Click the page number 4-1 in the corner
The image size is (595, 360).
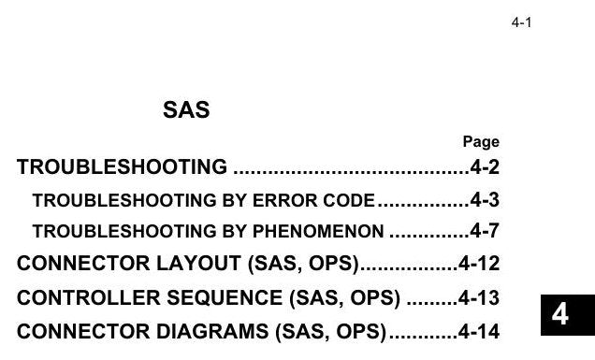point(521,22)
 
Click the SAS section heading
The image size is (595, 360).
point(186,109)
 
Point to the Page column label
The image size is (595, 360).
point(481,141)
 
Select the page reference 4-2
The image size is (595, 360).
point(485,167)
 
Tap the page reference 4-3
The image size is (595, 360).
point(485,200)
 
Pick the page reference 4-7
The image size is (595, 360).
point(485,231)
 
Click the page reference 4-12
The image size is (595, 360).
point(479,264)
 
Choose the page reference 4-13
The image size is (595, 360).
point(479,297)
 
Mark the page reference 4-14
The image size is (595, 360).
point(479,331)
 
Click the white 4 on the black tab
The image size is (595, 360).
point(559,314)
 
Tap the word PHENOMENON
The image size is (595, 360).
point(318,231)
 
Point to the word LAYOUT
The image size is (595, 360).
point(198,264)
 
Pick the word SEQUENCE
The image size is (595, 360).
point(225,297)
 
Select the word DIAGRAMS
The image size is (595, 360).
point(212,331)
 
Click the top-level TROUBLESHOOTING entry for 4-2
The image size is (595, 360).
point(122,167)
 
